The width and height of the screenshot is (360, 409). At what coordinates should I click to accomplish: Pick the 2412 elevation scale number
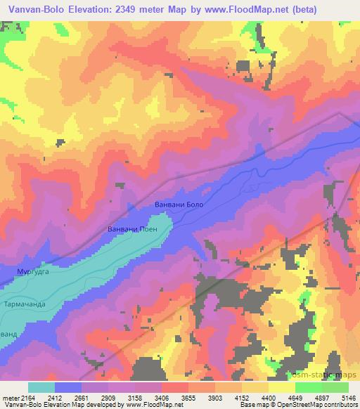coord(56,397)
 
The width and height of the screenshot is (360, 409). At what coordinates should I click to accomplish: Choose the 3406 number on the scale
coord(161,397)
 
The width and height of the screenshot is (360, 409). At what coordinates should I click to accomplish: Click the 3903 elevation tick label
coord(214,397)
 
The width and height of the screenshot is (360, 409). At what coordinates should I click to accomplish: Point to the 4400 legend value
coord(269,397)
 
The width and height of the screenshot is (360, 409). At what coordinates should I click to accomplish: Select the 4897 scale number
coord(321,397)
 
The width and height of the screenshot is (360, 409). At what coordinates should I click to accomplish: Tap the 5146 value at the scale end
coord(347,397)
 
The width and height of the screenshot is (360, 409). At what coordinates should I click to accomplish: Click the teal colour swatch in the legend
coord(41,387)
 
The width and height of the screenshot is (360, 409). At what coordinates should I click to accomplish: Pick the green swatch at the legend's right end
coord(335,387)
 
